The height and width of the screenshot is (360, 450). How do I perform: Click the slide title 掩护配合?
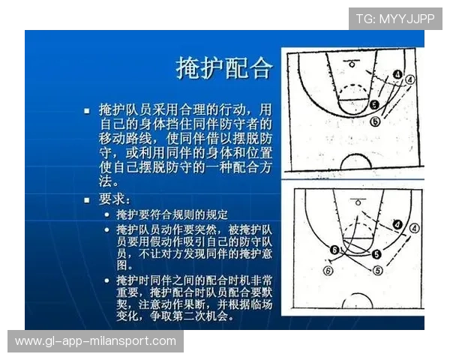(223, 68)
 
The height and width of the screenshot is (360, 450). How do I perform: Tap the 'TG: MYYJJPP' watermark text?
(394, 19)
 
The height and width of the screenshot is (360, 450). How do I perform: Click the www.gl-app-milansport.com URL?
(95, 341)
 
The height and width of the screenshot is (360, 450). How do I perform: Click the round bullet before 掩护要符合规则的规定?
(108, 214)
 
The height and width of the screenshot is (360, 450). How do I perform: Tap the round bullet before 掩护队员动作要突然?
(108, 229)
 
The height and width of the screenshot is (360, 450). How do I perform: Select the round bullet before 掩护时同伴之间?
(108, 280)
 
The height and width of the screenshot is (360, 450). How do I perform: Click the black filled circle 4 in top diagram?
(397, 74)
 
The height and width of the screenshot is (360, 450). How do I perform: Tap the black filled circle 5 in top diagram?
(374, 105)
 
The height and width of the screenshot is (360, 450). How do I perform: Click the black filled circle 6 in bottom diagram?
(334, 250)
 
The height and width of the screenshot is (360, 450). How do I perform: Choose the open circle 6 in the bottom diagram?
(328, 270)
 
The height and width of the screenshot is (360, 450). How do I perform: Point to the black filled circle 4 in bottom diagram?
(397, 223)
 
